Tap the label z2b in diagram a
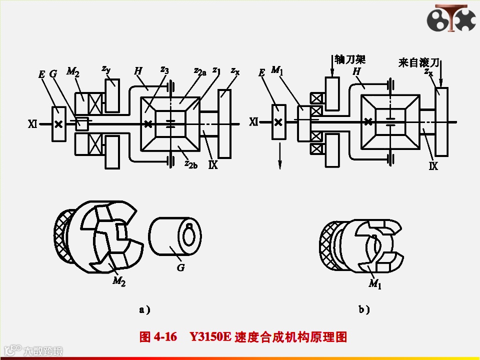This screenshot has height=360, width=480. point(191,163)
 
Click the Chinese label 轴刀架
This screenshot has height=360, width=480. point(350,59)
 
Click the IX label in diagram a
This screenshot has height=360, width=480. point(213,164)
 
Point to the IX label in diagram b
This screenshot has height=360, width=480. point(433,166)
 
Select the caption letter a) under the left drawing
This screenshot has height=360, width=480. point(144,310)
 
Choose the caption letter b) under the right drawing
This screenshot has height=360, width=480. point(364,310)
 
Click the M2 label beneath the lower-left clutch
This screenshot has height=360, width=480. point(119,281)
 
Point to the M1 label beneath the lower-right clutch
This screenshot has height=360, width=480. point(375,284)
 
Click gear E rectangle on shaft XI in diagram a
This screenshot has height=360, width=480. point(58,124)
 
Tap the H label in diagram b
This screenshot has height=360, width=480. point(356,71)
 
